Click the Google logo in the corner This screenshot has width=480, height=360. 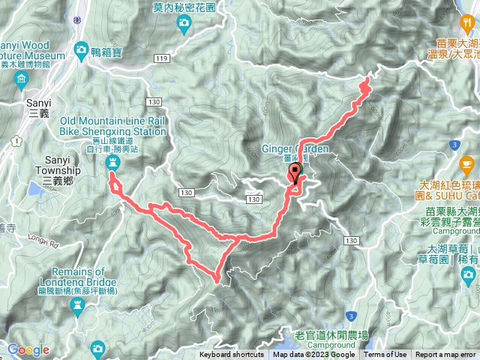(x=28, y=349)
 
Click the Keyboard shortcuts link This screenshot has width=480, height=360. (x=232, y=355)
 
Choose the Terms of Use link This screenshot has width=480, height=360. (x=385, y=355)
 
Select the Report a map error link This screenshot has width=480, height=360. (x=445, y=355)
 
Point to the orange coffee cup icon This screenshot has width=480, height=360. (x=467, y=163)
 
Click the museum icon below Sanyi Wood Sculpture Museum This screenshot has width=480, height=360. (x=19, y=79)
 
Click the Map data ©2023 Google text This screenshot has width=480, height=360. (x=314, y=355)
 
